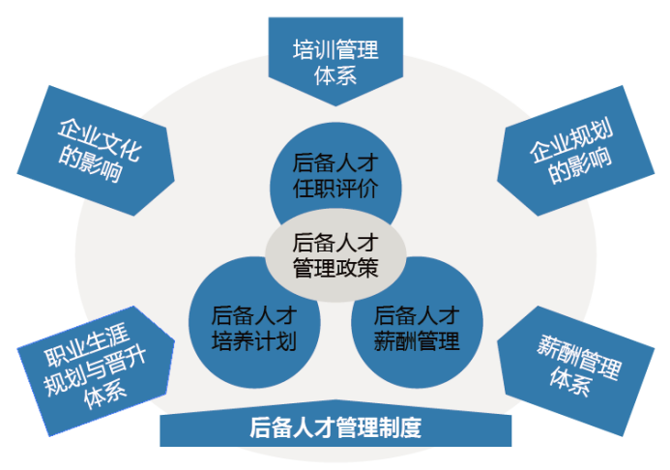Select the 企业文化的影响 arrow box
tap(96, 151)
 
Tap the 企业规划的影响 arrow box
tap(575, 151)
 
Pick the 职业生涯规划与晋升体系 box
tap(96, 370)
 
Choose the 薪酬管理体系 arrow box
tap(575, 370)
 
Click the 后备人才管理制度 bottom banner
tap(335, 426)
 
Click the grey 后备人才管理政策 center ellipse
tap(335, 255)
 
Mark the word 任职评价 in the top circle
tap(335, 189)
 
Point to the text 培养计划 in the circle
tap(254, 341)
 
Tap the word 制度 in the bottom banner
tap(400, 427)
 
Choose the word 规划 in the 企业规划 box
tap(593, 134)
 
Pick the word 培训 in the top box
tap(314, 49)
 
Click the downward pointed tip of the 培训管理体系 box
tap(335, 106)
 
